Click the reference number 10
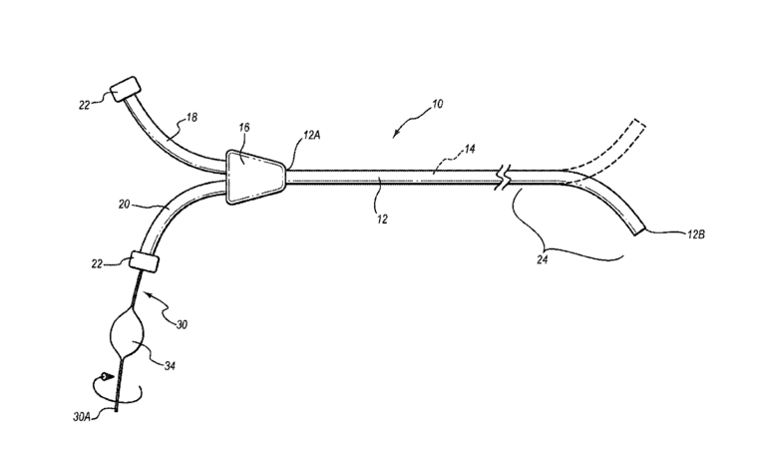[440, 105]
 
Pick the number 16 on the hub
[244, 129]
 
